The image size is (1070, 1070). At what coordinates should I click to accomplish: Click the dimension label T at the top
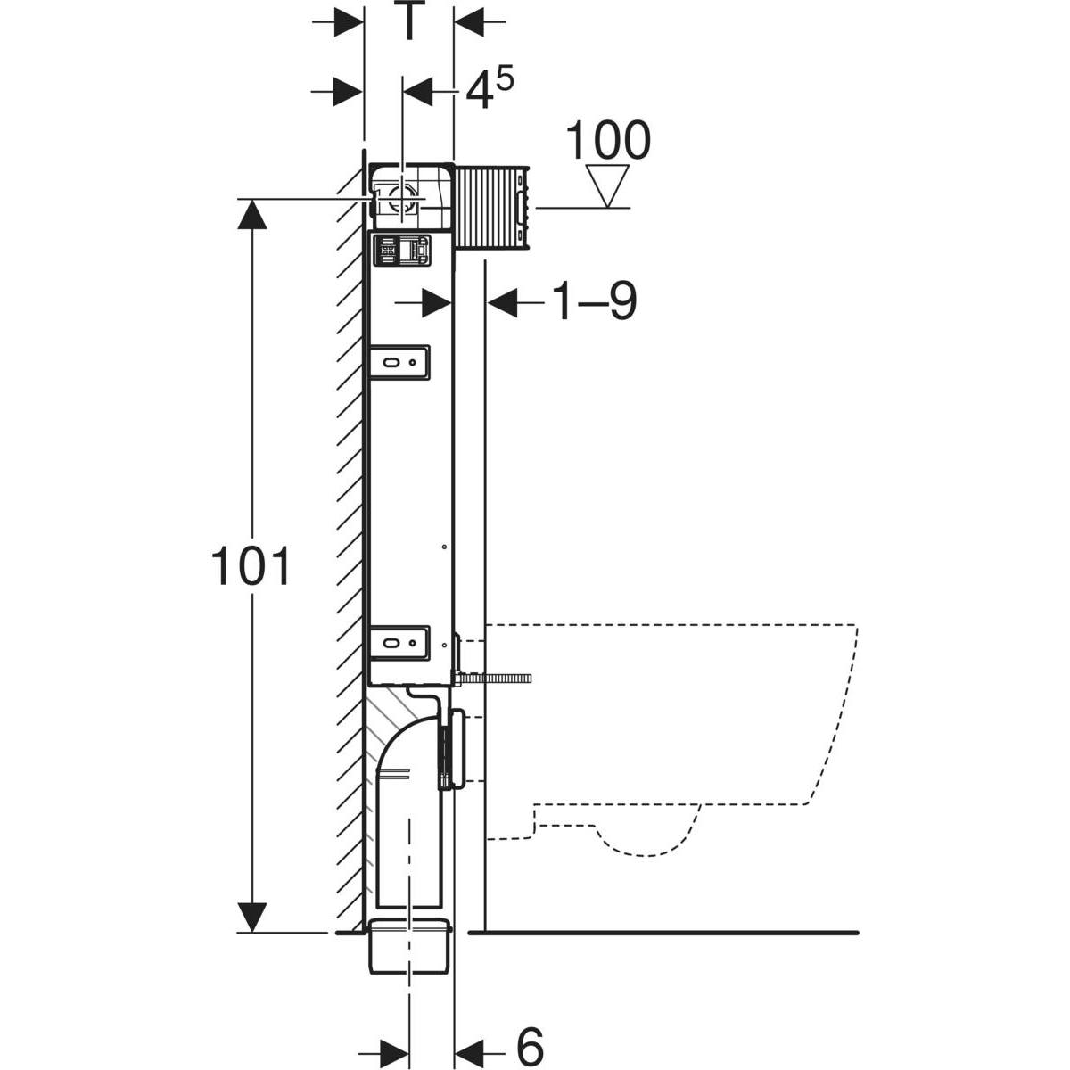tap(408, 22)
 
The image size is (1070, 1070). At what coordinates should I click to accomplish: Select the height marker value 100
tap(610, 141)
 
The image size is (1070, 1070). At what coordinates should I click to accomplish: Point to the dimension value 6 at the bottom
tap(530, 1044)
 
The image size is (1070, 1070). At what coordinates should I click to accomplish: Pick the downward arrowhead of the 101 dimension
tap(252, 914)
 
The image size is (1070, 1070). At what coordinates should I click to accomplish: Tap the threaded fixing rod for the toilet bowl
tap(495, 679)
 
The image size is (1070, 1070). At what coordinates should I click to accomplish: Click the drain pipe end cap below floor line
tap(410, 949)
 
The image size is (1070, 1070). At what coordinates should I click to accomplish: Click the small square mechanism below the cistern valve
tap(400, 250)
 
